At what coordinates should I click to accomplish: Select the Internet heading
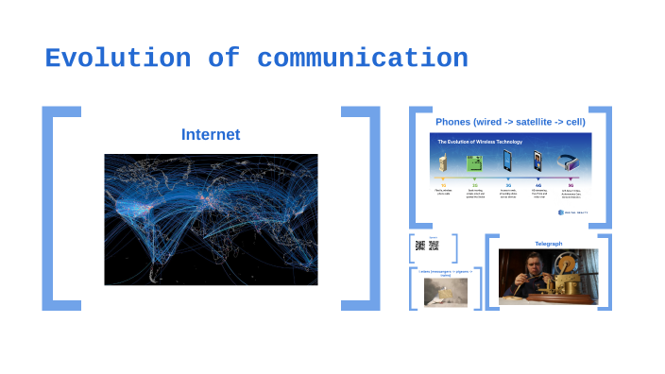(210, 135)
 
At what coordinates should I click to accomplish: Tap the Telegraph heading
(548, 244)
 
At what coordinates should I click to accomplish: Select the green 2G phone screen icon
(474, 162)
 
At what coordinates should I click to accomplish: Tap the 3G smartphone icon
(507, 161)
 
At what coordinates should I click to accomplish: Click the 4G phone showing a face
(537, 161)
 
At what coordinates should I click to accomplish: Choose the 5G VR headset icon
(570, 161)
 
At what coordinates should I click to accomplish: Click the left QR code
(420, 246)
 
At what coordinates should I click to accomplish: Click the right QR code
(434, 246)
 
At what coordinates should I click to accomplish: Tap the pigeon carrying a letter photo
(439, 292)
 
